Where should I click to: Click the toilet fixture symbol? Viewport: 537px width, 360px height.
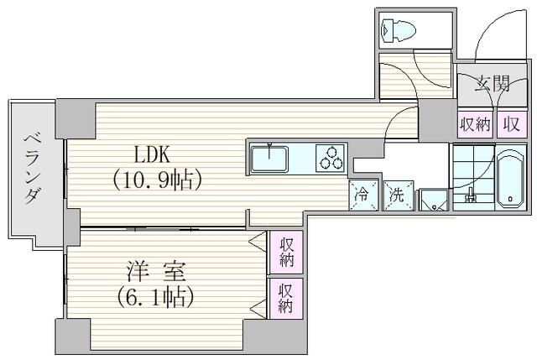(399, 31)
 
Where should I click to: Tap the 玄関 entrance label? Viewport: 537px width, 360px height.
(493, 84)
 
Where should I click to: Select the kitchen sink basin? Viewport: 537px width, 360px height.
(269, 159)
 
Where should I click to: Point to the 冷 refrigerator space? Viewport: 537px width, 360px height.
(363, 196)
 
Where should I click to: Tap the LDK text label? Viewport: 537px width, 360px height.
(152, 154)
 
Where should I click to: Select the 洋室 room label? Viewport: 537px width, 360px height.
(156, 272)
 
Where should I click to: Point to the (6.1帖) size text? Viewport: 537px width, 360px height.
(156, 296)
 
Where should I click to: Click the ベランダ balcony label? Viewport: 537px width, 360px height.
(34, 169)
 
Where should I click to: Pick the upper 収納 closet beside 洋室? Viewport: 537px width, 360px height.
(286, 252)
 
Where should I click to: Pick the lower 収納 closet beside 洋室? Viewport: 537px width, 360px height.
(286, 299)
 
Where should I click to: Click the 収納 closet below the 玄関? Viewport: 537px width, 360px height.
(475, 123)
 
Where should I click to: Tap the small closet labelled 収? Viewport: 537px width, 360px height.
(512, 123)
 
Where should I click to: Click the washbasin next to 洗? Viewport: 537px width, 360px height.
(434, 201)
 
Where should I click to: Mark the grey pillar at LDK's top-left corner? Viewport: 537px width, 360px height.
(76, 118)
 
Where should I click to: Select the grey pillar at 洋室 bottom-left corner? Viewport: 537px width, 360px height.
(73, 337)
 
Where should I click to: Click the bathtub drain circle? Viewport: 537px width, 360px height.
(511, 198)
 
